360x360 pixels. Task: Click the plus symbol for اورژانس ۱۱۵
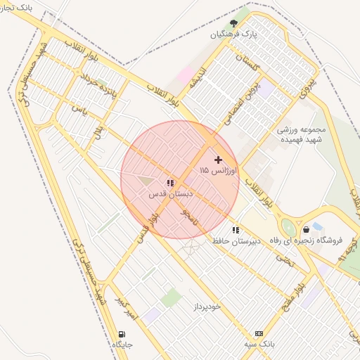[x=218, y=160]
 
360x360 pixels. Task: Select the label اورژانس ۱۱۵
[x=219, y=171]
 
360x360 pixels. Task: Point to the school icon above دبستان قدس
[x=169, y=183]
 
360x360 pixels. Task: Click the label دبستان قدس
[x=169, y=193]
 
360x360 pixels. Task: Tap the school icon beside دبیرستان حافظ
[x=236, y=230]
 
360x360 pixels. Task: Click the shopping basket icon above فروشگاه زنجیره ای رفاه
[x=306, y=229]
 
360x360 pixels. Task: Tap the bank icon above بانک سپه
[x=259, y=333]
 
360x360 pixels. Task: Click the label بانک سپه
[x=259, y=344]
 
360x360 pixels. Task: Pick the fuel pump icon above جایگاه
[x=123, y=334]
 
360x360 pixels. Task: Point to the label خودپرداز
[x=205, y=307]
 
